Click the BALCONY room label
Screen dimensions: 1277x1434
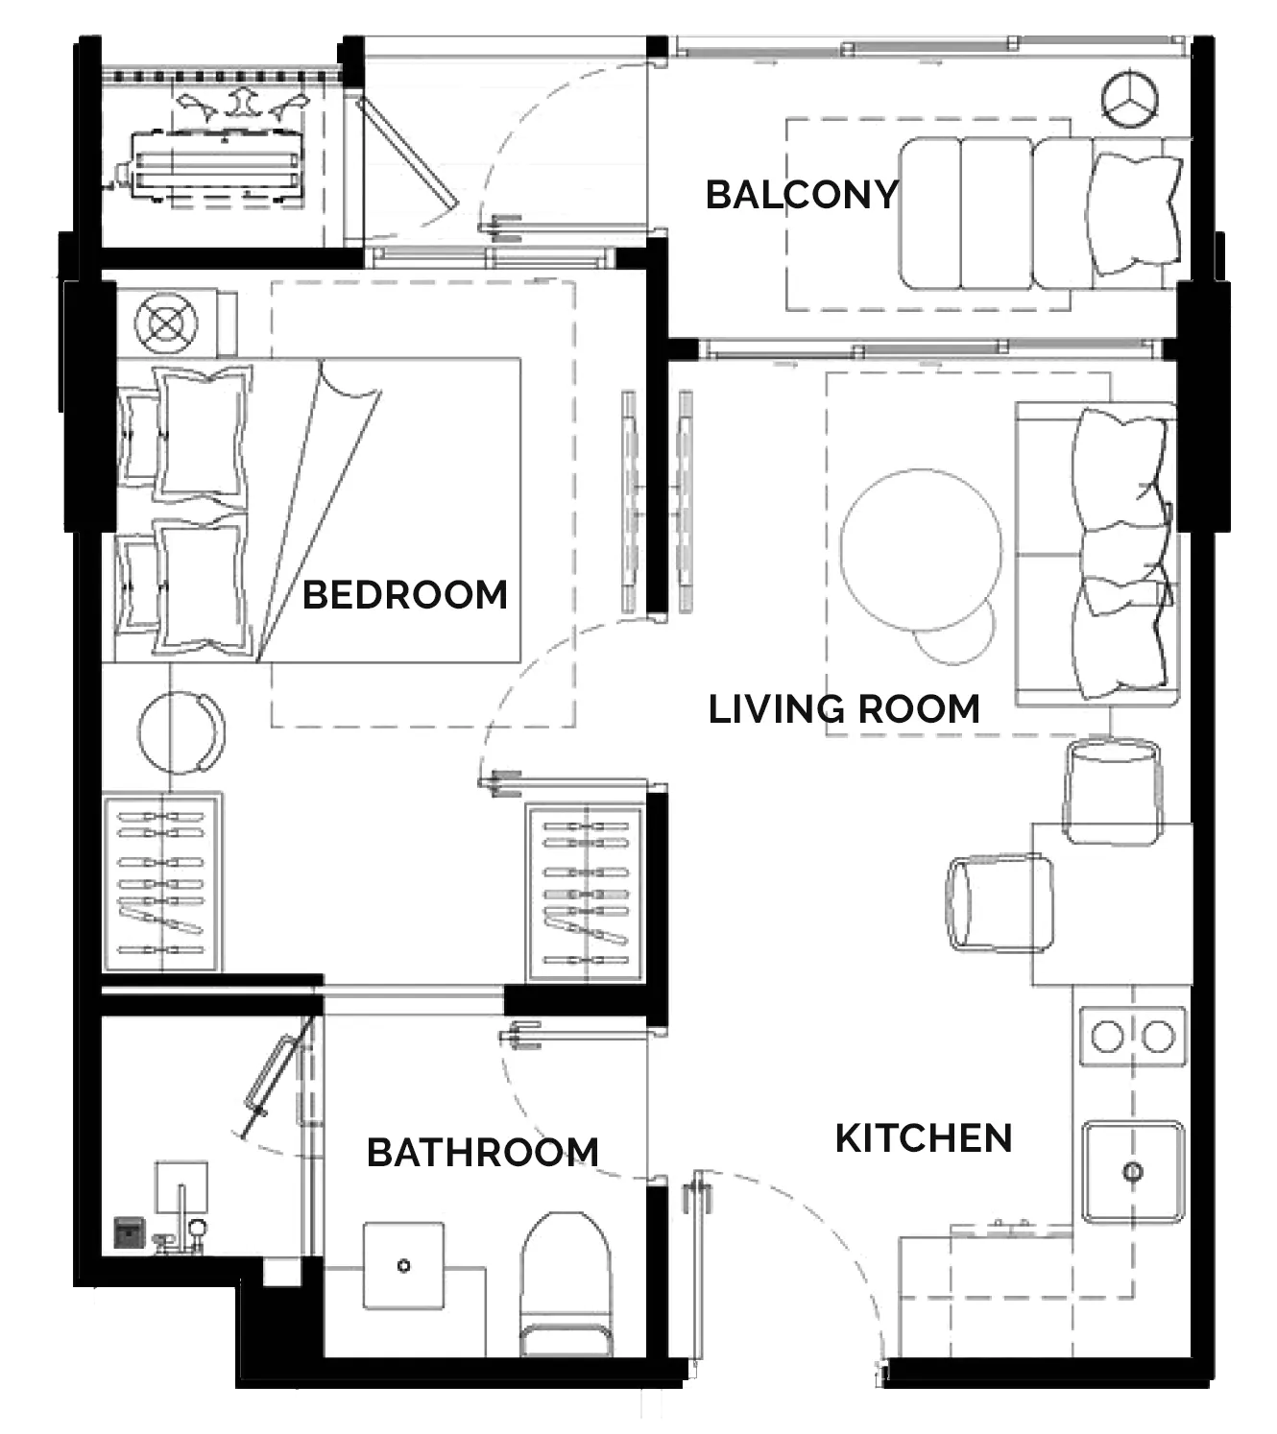point(802,195)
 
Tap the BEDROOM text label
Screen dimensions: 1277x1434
point(405,594)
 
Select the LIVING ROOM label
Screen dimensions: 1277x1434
point(844,709)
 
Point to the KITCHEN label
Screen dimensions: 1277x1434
point(924,1138)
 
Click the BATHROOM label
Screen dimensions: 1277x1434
point(482,1153)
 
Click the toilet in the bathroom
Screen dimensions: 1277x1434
point(566,1283)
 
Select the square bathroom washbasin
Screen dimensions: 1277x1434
point(403,1265)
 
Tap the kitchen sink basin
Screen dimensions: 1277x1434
point(1133,1172)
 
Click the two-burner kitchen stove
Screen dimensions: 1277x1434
point(1133,1037)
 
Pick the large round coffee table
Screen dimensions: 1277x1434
point(922,550)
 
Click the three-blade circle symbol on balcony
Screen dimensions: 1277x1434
point(1130,99)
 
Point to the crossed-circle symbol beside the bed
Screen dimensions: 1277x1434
point(166,323)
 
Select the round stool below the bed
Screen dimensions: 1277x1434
point(181,731)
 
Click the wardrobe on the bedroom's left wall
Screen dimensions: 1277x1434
point(163,882)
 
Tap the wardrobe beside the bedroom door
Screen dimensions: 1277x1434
point(587,894)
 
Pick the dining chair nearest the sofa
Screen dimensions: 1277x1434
point(1112,791)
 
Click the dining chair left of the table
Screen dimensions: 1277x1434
point(1000,903)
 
